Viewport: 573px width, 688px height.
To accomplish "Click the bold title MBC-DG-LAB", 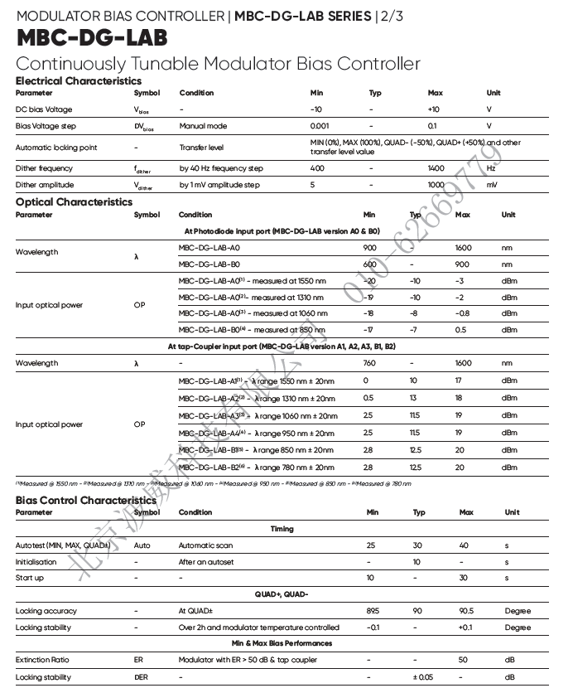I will click(x=92, y=38).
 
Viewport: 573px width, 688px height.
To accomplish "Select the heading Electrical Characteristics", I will click(x=79, y=80).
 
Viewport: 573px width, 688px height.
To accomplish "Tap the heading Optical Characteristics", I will click(x=74, y=201).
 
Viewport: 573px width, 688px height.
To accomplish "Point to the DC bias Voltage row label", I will click(x=44, y=109).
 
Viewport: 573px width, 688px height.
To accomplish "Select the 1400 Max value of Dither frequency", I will click(x=436, y=168).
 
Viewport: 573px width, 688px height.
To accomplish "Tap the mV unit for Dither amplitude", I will click(x=492, y=185).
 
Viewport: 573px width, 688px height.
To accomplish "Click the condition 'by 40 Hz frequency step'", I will click(x=221, y=168).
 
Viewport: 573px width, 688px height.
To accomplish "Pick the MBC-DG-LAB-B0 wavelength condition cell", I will click(x=209, y=264).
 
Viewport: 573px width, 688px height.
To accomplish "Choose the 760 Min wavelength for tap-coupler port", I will click(x=369, y=363).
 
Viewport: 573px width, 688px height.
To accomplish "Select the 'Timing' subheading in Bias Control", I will click(x=282, y=528).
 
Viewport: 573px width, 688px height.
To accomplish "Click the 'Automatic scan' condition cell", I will click(x=205, y=545).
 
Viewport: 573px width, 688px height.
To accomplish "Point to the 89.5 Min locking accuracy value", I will click(x=373, y=611).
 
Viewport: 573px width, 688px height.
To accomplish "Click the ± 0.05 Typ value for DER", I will click(x=423, y=677).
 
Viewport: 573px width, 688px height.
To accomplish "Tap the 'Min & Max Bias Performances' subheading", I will click(x=282, y=643).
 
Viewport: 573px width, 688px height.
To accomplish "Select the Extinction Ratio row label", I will click(x=42, y=660).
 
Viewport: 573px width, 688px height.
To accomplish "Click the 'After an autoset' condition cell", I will click(x=206, y=562).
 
